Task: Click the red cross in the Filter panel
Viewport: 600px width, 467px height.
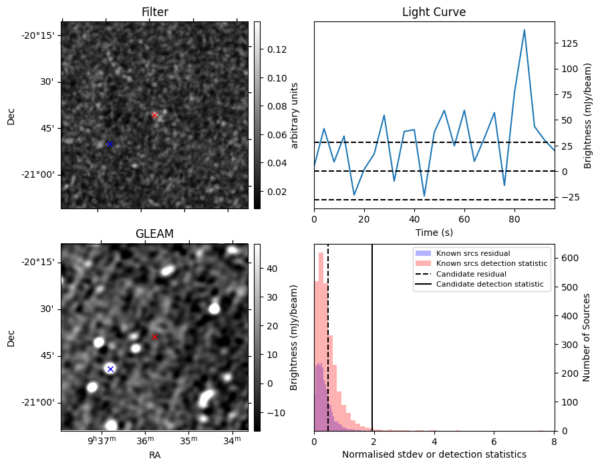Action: pos(154,115)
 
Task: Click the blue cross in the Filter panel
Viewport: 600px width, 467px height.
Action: pos(110,144)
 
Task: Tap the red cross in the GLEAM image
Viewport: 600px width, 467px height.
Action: pos(154,337)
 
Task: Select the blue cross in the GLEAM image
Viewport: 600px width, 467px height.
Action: pos(110,369)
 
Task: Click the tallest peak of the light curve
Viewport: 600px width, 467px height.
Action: pos(524,30)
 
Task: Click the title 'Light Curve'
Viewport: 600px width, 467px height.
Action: pos(434,12)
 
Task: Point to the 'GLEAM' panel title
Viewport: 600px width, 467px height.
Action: pos(154,234)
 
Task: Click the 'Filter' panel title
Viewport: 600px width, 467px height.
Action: pos(154,12)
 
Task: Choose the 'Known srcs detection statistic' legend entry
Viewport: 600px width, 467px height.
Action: pos(491,264)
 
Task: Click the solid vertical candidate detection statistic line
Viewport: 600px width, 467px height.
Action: pos(372,334)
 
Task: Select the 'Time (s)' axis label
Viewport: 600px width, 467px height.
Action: pos(434,231)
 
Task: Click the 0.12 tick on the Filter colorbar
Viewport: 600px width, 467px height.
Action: pos(273,49)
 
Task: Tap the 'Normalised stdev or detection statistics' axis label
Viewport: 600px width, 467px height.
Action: pos(434,455)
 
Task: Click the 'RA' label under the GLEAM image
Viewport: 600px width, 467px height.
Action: pos(154,455)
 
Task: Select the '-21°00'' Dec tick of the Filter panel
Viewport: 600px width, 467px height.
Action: pos(40,175)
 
